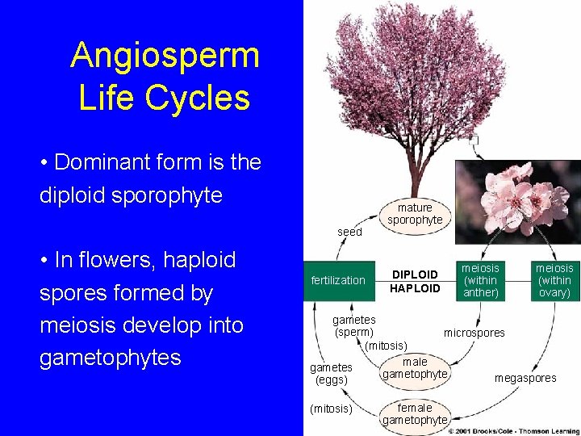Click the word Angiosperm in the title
click(x=165, y=56)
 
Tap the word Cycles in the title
click(x=203, y=98)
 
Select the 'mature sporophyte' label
click(x=415, y=214)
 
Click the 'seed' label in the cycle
click(x=349, y=232)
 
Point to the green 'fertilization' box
click(x=338, y=280)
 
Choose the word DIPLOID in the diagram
click(x=415, y=275)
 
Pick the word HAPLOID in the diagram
click(x=415, y=288)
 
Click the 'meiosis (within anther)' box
click(x=481, y=280)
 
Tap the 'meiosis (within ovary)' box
click(x=554, y=280)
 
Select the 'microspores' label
click(x=474, y=333)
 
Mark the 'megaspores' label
click(x=525, y=378)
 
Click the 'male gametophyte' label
click(x=415, y=368)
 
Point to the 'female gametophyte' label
click(x=415, y=413)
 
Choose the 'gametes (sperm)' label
click(x=354, y=326)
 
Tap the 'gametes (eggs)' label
click(x=332, y=373)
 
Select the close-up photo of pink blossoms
click(x=517, y=202)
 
